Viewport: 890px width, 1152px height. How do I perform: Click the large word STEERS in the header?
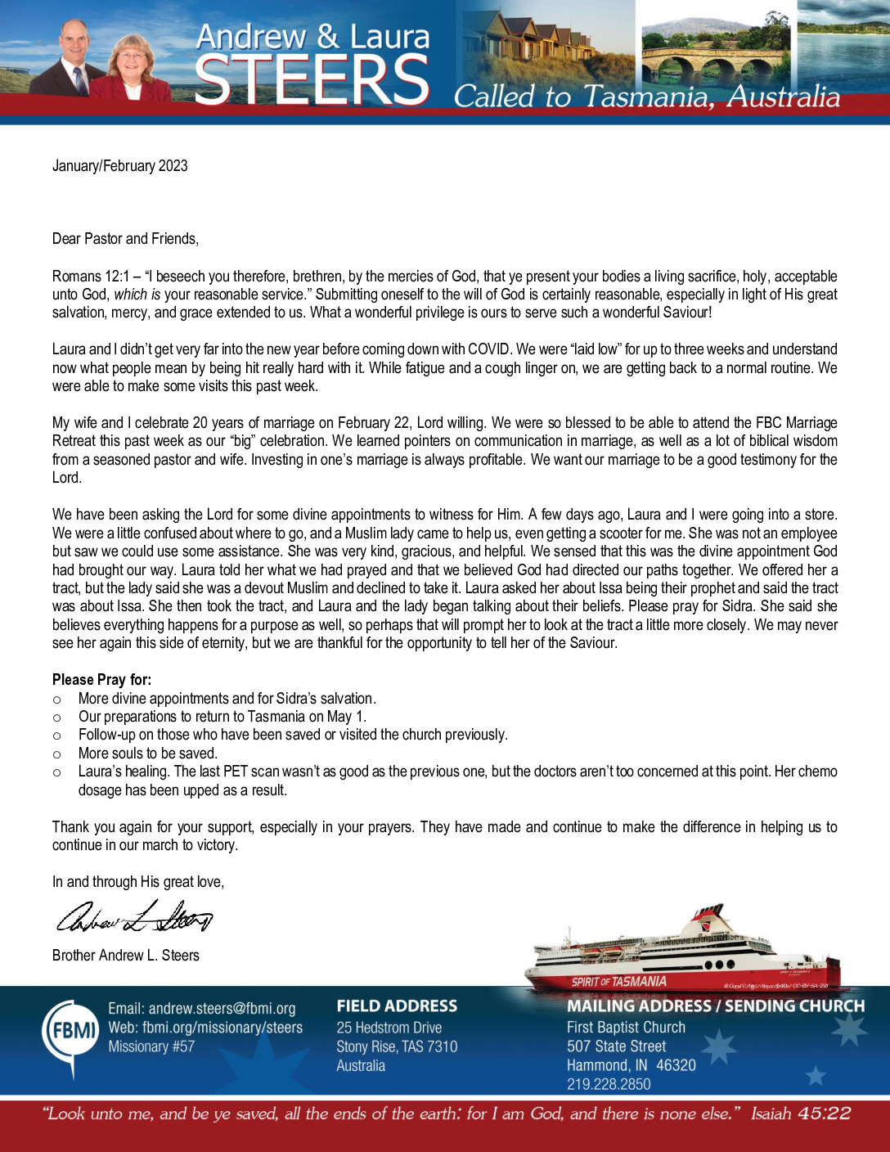312,79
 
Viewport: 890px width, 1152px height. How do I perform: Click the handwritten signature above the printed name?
134,918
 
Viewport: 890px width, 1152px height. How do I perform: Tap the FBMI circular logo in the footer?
70,1030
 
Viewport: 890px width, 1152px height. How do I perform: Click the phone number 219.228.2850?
609,1084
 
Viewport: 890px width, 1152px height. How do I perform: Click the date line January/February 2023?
120,166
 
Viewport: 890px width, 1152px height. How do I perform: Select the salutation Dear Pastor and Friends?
125,239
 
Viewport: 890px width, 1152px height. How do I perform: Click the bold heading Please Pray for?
101,680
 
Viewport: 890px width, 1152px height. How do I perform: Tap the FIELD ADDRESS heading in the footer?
397,1006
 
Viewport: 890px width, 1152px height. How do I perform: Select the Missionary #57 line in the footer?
151,1046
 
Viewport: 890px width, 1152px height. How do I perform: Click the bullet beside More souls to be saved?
56,754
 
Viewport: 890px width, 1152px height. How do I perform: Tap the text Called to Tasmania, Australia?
646,97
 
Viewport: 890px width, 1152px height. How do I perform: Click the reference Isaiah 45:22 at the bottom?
801,1114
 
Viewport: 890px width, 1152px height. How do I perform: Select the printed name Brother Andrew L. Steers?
126,956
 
